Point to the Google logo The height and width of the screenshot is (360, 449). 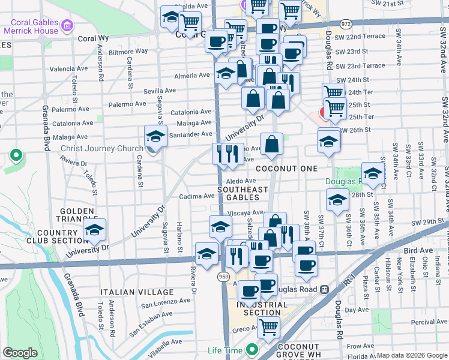click(x=19, y=353)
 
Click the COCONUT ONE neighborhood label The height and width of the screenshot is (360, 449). click(x=286, y=169)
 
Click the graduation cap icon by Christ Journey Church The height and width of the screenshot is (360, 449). click(x=155, y=137)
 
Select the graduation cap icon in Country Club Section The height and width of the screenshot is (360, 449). click(x=94, y=230)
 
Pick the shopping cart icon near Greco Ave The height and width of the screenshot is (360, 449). click(x=269, y=328)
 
